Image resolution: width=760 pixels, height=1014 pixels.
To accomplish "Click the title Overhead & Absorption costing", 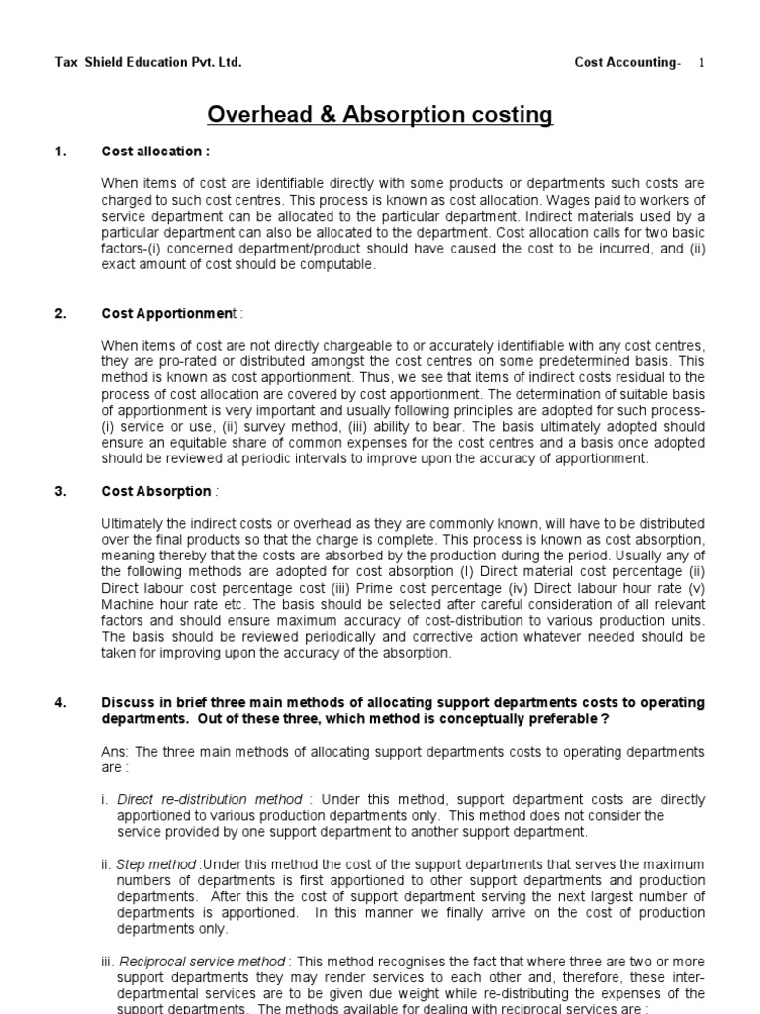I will click(380, 115).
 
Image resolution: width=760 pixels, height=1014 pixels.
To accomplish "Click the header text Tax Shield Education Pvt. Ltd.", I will click(147, 63).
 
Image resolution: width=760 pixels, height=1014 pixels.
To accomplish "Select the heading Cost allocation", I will click(155, 152).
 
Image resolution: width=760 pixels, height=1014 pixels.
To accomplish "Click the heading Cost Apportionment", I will click(171, 314).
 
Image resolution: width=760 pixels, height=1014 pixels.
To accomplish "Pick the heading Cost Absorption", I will click(158, 491).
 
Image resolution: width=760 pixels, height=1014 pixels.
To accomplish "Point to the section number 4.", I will click(60, 703).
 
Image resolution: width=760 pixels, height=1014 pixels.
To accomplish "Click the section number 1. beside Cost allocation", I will click(60, 152).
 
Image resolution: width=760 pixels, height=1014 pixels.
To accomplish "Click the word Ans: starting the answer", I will click(116, 752).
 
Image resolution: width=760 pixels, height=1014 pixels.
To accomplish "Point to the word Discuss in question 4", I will click(127, 703).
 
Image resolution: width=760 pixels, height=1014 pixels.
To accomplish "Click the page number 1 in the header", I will click(702, 63).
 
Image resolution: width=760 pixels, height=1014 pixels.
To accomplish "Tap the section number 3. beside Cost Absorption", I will click(60, 491).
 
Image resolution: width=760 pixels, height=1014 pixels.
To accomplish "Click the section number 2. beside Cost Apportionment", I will click(60, 314).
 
